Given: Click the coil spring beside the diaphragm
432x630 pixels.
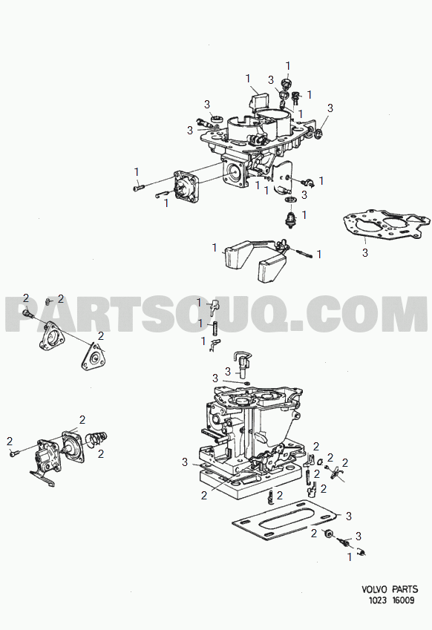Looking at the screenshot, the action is (x=97, y=439).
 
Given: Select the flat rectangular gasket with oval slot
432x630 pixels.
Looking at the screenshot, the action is (x=285, y=519).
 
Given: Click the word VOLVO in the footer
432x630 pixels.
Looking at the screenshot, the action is (x=374, y=589).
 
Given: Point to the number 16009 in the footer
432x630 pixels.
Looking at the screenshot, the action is (x=403, y=600).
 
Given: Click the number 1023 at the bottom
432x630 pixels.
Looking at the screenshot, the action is (x=378, y=600).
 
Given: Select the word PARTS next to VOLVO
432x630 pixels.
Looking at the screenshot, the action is (x=405, y=589).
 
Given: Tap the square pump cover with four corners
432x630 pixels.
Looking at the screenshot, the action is (x=186, y=188).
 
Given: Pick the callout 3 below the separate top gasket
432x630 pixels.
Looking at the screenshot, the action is (x=365, y=253).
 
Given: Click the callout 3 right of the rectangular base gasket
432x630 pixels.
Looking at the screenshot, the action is (x=348, y=516).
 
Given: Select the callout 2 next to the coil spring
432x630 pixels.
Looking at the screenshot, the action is (x=101, y=453).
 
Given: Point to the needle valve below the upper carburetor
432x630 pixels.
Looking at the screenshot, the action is (x=289, y=220).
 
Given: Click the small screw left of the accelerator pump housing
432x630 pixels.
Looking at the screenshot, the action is (x=13, y=453).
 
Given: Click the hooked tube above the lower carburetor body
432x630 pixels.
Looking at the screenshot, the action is (x=241, y=363).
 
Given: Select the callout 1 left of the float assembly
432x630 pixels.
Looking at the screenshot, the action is (x=215, y=248).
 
